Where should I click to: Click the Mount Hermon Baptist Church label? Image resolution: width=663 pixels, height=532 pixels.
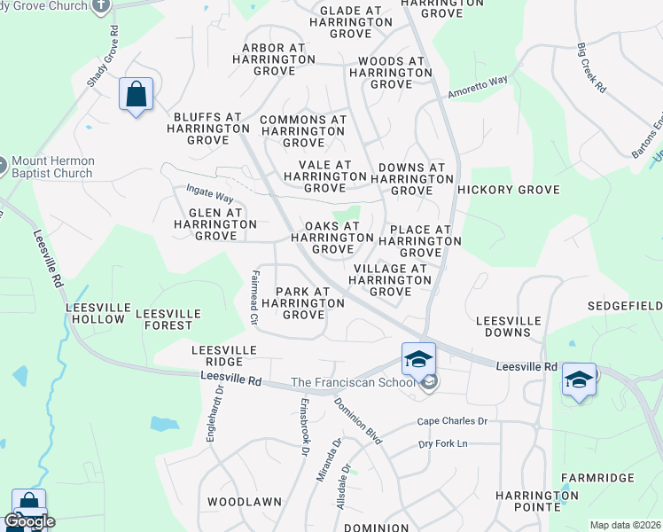[x=53, y=167]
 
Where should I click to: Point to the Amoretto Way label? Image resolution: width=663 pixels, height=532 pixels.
[x=478, y=87]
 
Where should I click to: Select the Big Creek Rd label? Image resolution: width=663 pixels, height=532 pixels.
[x=590, y=69]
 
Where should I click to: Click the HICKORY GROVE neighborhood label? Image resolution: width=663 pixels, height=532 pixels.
[x=509, y=191]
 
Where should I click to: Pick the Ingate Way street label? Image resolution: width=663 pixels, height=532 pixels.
[x=209, y=192]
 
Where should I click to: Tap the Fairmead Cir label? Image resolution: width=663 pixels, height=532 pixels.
[x=254, y=298]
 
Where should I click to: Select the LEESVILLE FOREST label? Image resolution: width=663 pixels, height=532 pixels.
[x=168, y=319]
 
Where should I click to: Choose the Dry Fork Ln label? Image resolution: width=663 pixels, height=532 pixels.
[x=442, y=443]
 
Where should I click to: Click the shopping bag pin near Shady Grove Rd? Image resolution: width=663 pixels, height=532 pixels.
[x=136, y=94]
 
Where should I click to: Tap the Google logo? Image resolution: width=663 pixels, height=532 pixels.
[x=29, y=521]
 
